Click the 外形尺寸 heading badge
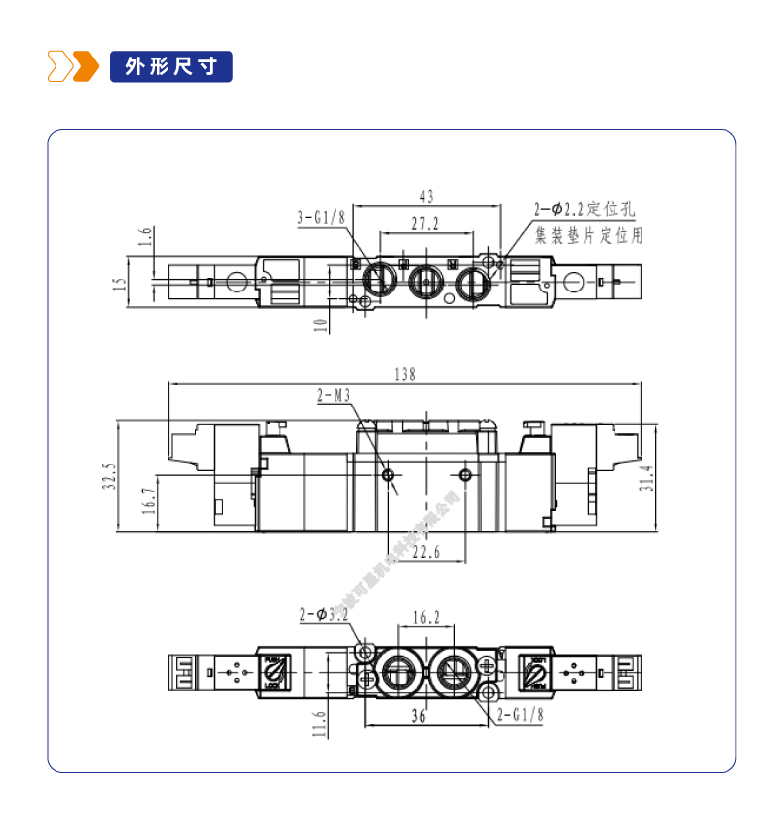pyautogui.click(x=171, y=66)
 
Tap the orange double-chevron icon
pyautogui.click(x=73, y=66)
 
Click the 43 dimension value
pyautogui.click(x=426, y=198)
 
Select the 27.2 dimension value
pyautogui.click(x=425, y=225)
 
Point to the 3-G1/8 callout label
pyautogui.click(x=320, y=218)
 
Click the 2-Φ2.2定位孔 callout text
pyautogui.click(x=584, y=210)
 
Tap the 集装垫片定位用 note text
pyautogui.click(x=589, y=236)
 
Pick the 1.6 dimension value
pyautogui.click(x=145, y=236)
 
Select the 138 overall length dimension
pyautogui.click(x=405, y=374)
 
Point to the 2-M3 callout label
pyautogui.click(x=335, y=397)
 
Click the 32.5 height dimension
pyautogui.click(x=110, y=477)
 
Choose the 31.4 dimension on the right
pyautogui.click(x=675, y=479)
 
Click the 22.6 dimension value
pyautogui.click(x=426, y=552)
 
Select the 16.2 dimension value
pyautogui.click(x=425, y=617)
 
